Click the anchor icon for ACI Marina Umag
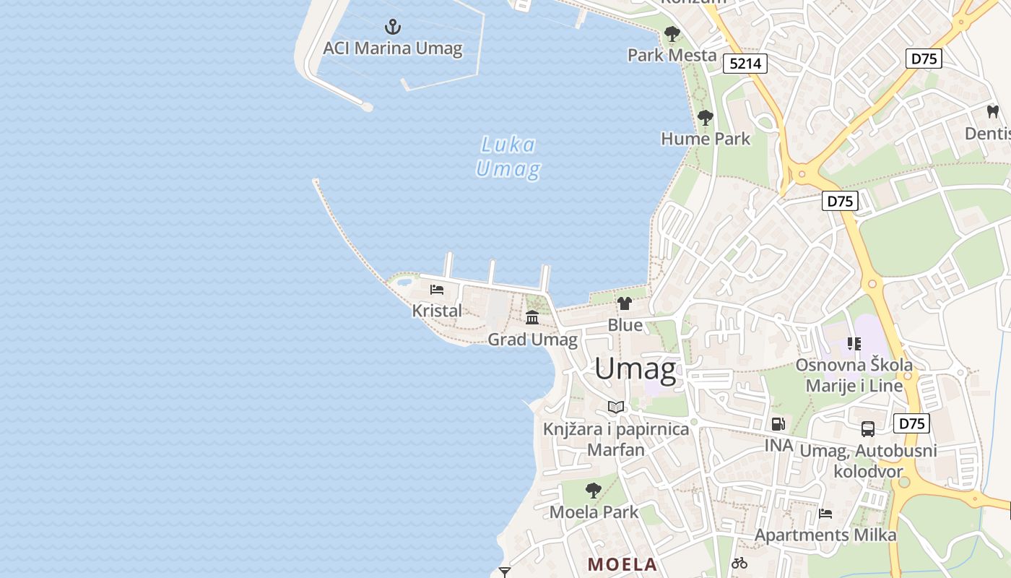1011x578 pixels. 392,27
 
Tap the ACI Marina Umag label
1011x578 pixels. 392,48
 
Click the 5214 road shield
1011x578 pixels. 745,64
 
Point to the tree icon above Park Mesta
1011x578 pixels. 672,34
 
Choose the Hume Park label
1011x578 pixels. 706,139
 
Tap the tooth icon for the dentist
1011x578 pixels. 992,112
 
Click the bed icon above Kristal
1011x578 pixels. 436,290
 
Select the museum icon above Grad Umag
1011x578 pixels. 532,318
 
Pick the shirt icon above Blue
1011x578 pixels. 625,303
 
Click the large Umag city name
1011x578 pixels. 635,369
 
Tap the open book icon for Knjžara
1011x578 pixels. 616,407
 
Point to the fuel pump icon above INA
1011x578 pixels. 778,424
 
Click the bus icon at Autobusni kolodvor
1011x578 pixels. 868,429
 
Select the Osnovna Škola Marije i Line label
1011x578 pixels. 854,375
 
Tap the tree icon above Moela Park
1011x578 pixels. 594,491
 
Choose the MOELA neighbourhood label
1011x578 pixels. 622,564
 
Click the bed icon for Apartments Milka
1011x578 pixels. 825,514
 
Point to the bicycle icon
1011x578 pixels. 739,563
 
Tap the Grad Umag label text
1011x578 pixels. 533,340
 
